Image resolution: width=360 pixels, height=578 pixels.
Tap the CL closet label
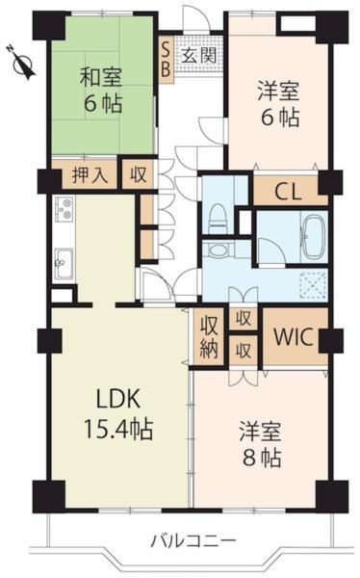pyautogui.click(x=288, y=189)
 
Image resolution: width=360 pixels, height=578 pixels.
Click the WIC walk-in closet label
pyautogui.click(x=293, y=338)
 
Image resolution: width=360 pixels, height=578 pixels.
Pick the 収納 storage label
pyautogui.click(x=210, y=339)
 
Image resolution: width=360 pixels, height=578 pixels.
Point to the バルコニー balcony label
pyautogui.click(x=193, y=539)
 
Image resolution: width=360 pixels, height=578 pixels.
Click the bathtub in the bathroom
pyautogui.click(x=314, y=237)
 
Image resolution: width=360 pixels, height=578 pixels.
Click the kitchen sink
pyautogui.click(x=64, y=259)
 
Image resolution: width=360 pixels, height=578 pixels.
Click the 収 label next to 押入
pyautogui.click(x=140, y=175)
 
